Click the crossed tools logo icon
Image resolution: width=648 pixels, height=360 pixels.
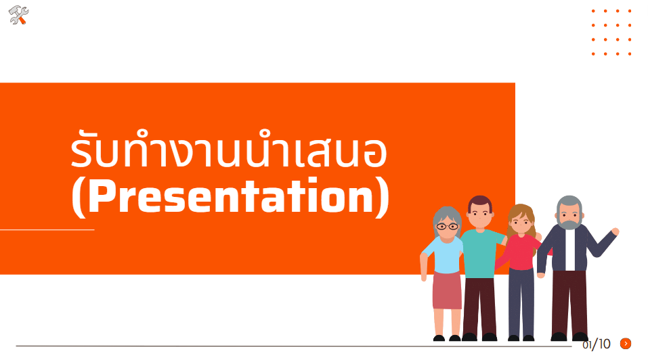point(18,16)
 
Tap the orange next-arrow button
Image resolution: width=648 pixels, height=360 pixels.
point(626,344)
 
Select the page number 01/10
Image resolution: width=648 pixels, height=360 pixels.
point(597,344)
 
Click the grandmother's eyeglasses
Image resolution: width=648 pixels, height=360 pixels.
point(447,226)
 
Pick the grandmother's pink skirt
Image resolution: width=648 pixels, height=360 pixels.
point(447,290)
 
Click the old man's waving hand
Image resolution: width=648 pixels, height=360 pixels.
point(615,231)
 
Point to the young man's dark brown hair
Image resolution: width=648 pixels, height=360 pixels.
point(480,202)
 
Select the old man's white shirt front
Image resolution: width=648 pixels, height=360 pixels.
point(570,250)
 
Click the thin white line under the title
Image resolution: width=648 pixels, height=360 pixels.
point(47,229)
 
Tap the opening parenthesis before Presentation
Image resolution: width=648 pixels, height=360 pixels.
point(79,198)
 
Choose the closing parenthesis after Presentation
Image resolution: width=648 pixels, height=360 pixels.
point(383,198)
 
